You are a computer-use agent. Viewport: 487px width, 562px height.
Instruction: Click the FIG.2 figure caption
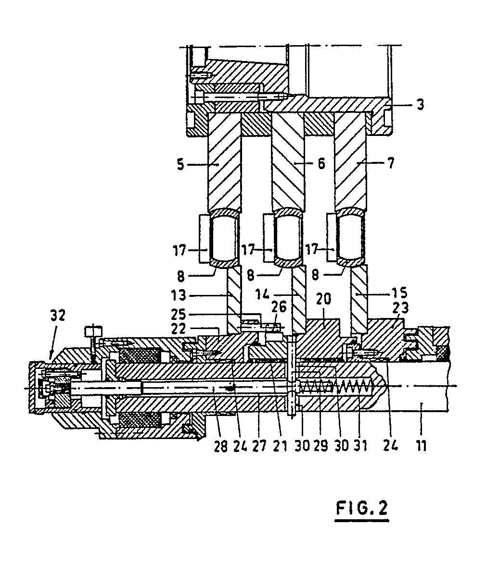pos(362,508)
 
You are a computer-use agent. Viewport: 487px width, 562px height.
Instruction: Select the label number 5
pos(180,164)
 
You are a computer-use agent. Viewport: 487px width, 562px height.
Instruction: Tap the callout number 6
pos(321,163)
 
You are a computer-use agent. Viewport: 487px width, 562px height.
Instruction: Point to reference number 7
pos(391,163)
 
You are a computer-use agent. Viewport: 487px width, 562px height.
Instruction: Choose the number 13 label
pos(179,295)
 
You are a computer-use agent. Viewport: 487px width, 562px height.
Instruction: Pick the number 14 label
pos(263,294)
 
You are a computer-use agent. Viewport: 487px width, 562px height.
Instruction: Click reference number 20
pos(323,299)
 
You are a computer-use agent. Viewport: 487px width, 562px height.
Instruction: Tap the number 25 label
pos(179,314)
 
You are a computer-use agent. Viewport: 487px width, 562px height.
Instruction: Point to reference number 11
pos(421,446)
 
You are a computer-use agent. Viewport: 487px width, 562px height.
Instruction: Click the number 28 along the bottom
pos(221,446)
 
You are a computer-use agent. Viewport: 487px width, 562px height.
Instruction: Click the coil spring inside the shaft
pos(336,386)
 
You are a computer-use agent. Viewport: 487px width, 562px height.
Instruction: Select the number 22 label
pos(179,329)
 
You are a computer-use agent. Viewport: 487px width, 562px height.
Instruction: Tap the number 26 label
pos(279,307)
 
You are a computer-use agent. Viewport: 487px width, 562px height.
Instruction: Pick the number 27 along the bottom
pos(259,446)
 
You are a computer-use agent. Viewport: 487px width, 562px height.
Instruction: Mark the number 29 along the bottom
pos(320,445)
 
